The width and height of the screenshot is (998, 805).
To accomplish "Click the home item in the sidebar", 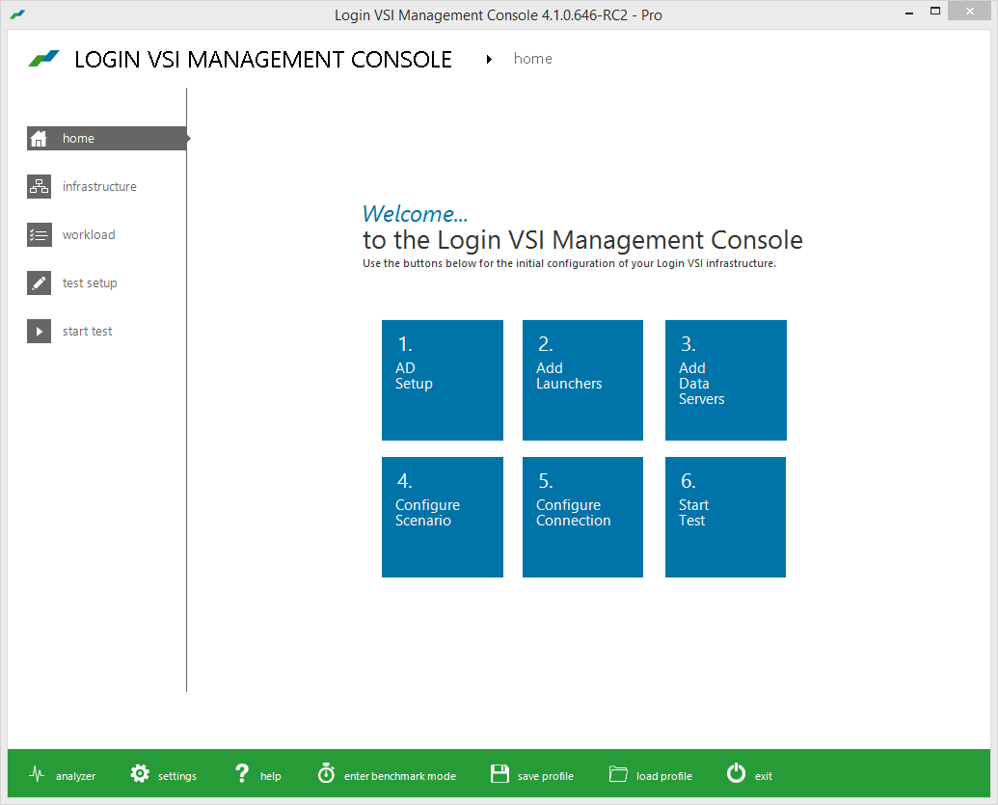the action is click(107, 138).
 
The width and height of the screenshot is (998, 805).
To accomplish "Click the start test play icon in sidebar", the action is click(39, 331).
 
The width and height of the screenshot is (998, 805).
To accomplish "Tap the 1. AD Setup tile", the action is click(443, 380).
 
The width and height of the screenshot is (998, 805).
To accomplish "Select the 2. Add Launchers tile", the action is click(582, 380).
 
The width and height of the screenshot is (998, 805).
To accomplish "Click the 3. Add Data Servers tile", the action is click(725, 380).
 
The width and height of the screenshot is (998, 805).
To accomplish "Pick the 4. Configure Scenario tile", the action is click(443, 517).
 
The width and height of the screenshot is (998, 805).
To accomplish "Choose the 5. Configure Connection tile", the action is click(582, 517).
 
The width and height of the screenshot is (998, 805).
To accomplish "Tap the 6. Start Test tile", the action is click(725, 517).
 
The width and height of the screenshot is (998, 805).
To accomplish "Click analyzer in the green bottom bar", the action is click(63, 775).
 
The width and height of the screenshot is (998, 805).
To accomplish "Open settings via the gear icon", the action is click(140, 774).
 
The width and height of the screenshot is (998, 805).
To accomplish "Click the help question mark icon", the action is click(242, 773).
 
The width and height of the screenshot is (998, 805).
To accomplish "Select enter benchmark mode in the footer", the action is click(387, 774).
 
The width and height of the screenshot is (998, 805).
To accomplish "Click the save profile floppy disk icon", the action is click(499, 774).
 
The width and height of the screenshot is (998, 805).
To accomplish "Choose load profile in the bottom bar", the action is click(651, 775).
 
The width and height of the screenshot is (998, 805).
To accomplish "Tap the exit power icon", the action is click(737, 773).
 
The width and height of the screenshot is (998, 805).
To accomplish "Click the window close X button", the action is click(970, 11).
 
